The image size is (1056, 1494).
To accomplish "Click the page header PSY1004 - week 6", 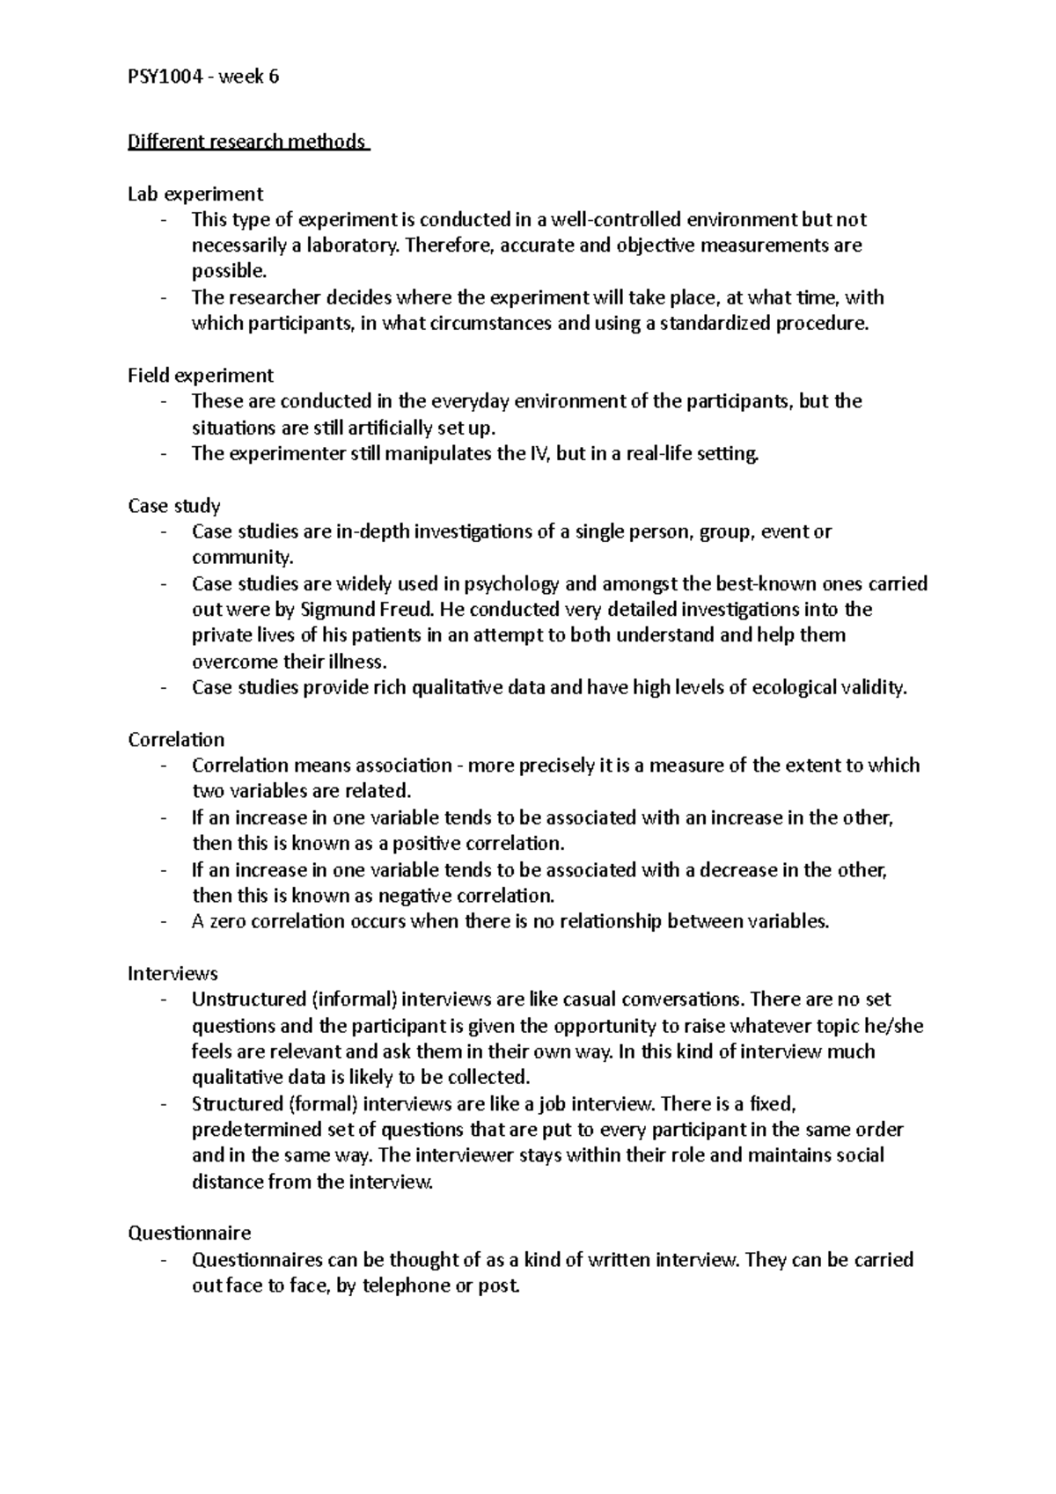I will [x=203, y=77].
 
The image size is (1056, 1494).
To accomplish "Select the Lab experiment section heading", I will [x=195, y=194].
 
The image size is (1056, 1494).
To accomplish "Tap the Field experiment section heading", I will [x=201, y=376].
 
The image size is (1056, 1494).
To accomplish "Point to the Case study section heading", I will [x=174, y=506].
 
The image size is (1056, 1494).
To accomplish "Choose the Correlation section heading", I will [x=176, y=740].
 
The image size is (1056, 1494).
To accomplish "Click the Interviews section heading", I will [x=172, y=974].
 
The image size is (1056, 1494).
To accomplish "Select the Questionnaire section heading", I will [x=189, y=1234].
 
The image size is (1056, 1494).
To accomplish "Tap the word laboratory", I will [x=352, y=245].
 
